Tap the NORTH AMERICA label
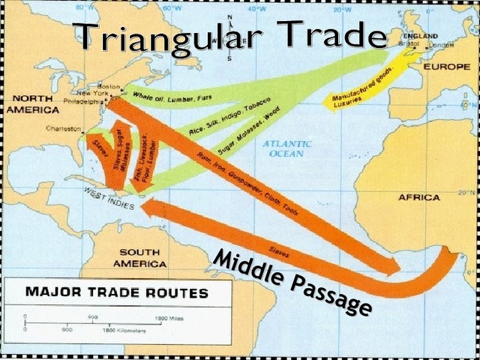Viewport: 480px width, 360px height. click(28, 103)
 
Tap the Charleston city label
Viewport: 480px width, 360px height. click(63, 129)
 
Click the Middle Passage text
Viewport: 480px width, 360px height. click(292, 282)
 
